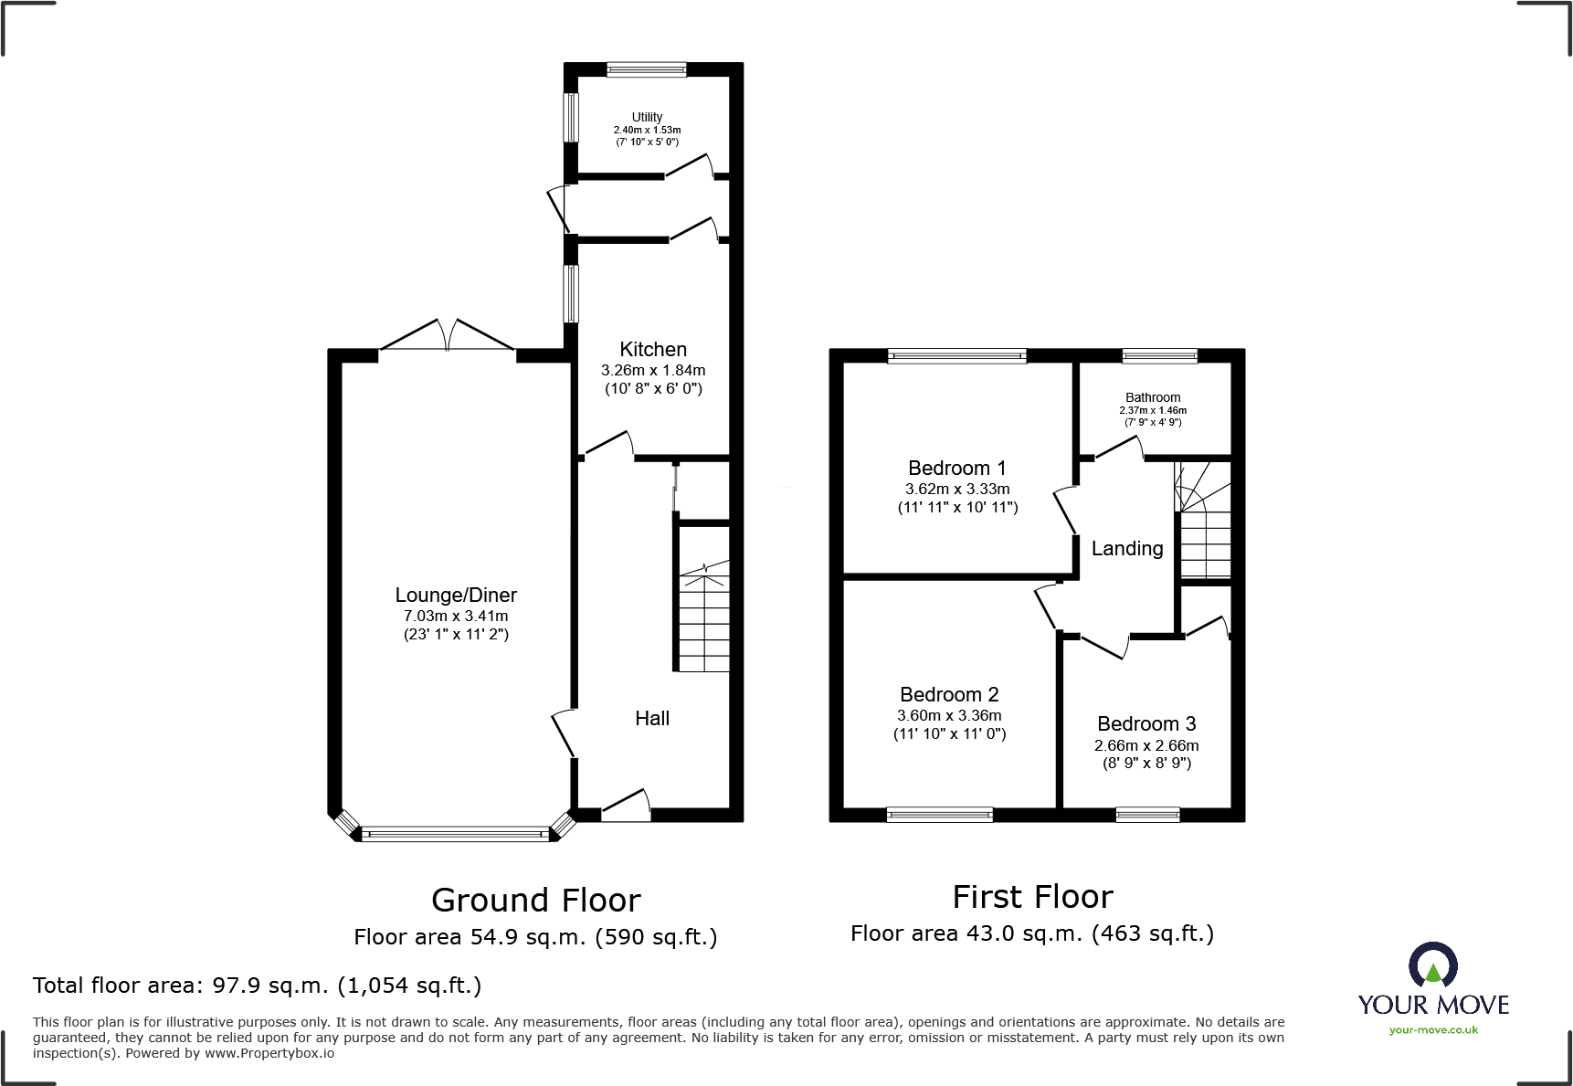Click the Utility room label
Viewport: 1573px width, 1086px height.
(x=647, y=117)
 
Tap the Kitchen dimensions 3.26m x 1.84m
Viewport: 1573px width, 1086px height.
(x=652, y=370)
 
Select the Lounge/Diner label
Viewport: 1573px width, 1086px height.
(x=456, y=595)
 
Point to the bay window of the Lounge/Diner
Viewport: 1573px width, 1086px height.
(x=455, y=833)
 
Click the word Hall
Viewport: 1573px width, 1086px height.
(x=652, y=719)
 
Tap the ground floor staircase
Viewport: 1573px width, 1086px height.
(x=703, y=621)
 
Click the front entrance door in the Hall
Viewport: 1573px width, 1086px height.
(x=626, y=804)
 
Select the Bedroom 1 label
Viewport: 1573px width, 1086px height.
(x=956, y=468)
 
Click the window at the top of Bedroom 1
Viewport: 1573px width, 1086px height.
(x=956, y=356)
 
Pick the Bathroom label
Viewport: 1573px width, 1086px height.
(x=1153, y=397)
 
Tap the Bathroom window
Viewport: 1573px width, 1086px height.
(x=1159, y=356)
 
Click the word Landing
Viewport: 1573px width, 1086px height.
(x=1127, y=548)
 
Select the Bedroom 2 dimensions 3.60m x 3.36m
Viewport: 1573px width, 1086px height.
(x=949, y=715)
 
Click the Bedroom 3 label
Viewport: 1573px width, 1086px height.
(x=1146, y=723)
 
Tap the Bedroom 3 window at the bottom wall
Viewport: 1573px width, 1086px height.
(x=1147, y=815)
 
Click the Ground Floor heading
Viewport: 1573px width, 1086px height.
(x=535, y=900)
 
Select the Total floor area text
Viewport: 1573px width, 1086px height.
(x=257, y=985)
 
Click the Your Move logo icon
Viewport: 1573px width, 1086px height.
(x=1432, y=966)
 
